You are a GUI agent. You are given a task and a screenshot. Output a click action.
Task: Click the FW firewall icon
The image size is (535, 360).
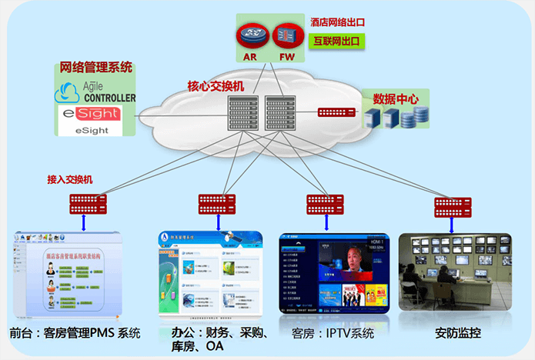click(286, 35)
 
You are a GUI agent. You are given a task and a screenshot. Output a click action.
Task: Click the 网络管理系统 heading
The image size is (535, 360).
click(96, 68)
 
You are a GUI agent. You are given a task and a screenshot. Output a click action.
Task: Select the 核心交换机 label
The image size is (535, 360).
click(216, 86)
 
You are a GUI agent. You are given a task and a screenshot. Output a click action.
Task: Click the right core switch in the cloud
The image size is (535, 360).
click(277, 113)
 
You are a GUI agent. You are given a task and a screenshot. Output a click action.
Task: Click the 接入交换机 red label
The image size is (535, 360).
click(70, 179)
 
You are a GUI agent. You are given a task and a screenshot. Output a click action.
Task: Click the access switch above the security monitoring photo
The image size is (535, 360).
click(453, 206)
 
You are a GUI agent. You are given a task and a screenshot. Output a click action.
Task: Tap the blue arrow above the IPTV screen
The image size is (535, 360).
click(327, 222)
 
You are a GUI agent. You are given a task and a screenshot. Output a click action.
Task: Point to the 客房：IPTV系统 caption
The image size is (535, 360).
click(333, 334)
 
